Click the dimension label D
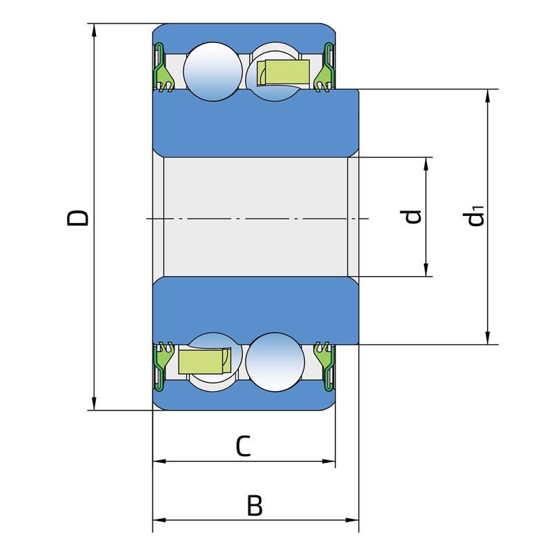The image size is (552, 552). (x=77, y=218)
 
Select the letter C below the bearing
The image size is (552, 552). (x=244, y=446)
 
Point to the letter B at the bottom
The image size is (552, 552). (x=255, y=506)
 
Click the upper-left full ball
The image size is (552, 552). (x=213, y=72)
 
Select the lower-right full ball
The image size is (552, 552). (x=275, y=362)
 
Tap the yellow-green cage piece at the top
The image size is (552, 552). (x=284, y=72)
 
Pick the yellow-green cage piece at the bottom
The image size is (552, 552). (x=205, y=361)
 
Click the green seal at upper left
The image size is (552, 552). (x=163, y=68)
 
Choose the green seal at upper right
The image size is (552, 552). (x=325, y=68)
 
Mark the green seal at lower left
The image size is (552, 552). (x=163, y=366)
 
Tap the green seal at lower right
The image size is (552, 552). (x=325, y=366)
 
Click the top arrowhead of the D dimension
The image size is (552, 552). (x=94, y=30)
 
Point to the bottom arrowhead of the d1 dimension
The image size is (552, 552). (x=488, y=337)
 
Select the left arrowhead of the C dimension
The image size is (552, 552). (x=159, y=461)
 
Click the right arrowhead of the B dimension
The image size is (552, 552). (x=352, y=520)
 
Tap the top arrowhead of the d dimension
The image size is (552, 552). (x=426, y=164)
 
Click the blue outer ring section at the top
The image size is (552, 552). (x=244, y=35)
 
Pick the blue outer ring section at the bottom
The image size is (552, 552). (x=244, y=400)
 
